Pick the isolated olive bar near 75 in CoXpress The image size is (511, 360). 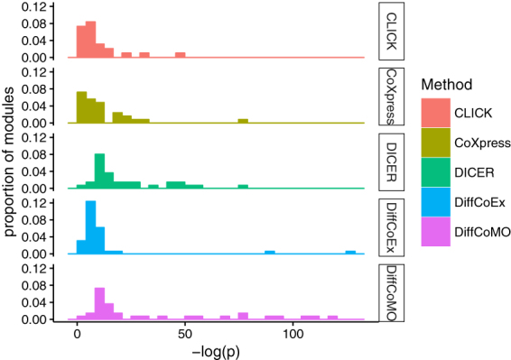(242, 121)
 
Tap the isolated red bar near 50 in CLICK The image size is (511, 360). (180, 55)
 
